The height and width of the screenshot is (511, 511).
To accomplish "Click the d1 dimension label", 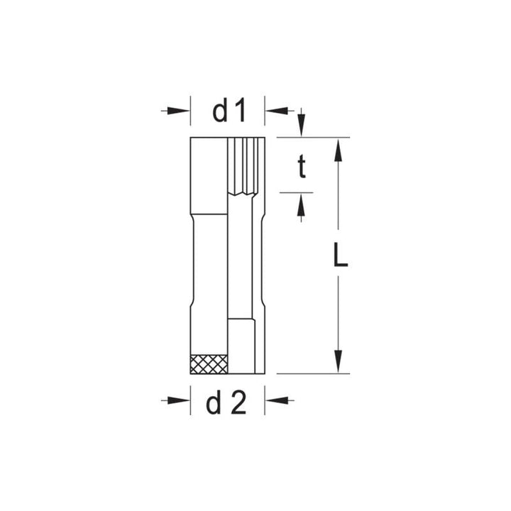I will (228, 111).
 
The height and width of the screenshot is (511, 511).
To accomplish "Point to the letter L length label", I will (340, 256).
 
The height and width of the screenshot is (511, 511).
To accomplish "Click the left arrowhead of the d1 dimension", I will (183, 111).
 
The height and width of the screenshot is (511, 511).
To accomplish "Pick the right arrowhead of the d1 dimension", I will (273, 111).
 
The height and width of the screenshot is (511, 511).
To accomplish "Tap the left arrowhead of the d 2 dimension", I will (183, 400).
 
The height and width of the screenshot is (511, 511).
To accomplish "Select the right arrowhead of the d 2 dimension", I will (273, 400).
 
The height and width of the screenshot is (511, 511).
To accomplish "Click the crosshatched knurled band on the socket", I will (209, 363).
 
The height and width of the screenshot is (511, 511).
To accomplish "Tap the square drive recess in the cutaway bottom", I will (241, 346).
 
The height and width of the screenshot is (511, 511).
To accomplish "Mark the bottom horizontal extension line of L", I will (312, 373).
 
